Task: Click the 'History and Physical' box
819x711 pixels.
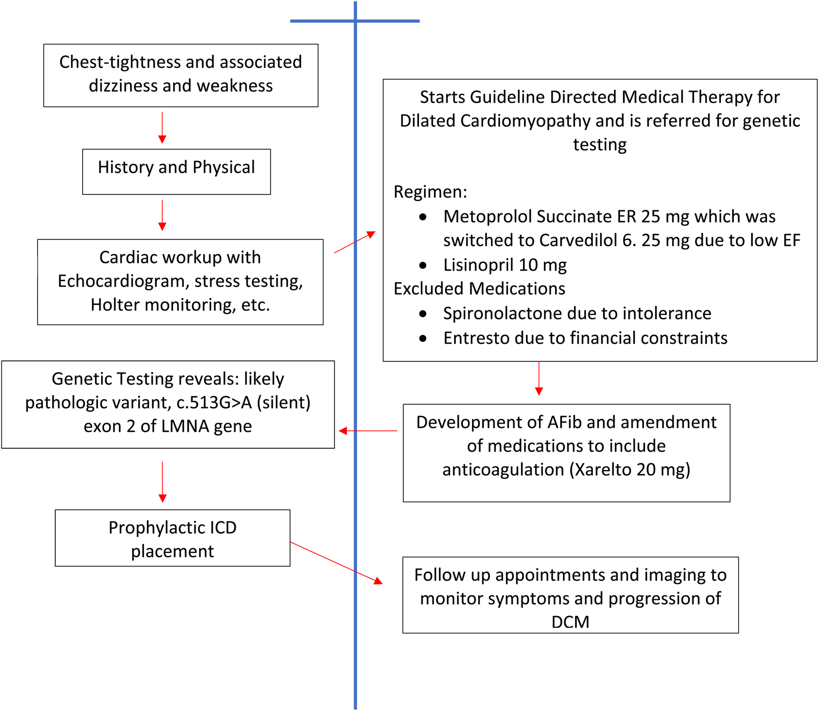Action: pyautogui.click(x=176, y=171)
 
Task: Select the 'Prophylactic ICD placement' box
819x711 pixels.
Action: pyautogui.click(x=172, y=538)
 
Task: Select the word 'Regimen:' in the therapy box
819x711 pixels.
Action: pyautogui.click(x=430, y=192)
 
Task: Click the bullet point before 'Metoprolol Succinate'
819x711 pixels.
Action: pyautogui.click(x=423, y=217)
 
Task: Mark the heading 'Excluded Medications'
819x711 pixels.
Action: pyautogui.click(x=479, y=289)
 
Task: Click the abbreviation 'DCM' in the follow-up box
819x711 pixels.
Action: pyautogui.click(x=570, y=622)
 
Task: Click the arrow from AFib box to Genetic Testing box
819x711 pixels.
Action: pyautogui.click(x=367, y=431)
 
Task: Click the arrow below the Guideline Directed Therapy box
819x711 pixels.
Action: pyautogui.click(x=539, y=378)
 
